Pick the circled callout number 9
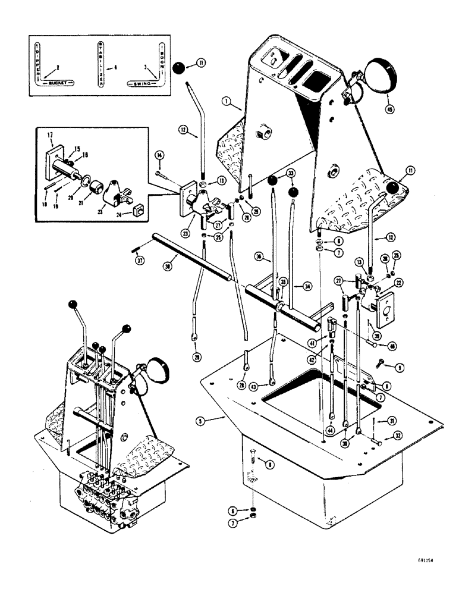pyautogui.click(x=399, y=368)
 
